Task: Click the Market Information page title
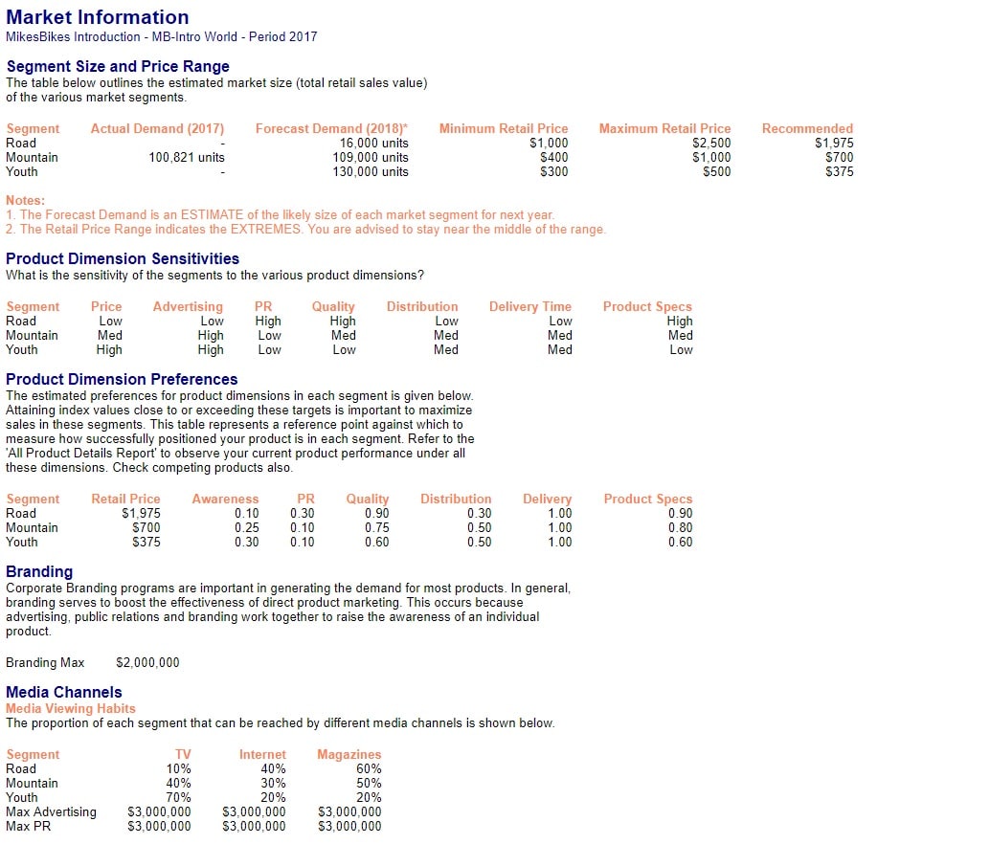pos(97,17)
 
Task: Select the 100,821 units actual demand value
pos(187,157)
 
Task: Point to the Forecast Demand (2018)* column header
pos(331,128)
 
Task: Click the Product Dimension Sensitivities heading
pos(123,258)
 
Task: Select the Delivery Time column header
pos(529,306)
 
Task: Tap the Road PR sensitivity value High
pos(268,322)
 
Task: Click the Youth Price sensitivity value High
pos(109,349)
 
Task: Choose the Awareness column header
pos(225,499)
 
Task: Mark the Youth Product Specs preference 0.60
pos(680,542)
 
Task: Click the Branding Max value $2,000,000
pos(147,662)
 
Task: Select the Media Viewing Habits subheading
pos(71,708)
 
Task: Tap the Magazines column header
pos(349,754)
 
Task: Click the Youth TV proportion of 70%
pos(178,797)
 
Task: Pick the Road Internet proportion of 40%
pos(273,768)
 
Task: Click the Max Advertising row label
pos(51,811)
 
